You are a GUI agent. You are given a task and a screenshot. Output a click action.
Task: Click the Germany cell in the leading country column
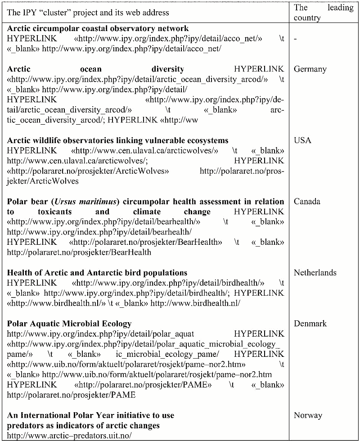pos(310,69)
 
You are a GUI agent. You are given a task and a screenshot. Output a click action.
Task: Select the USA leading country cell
pos(302,140)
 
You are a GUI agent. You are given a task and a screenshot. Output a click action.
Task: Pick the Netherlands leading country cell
pos(315,273)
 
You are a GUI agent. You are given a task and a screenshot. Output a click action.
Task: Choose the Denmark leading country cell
pos(310,324)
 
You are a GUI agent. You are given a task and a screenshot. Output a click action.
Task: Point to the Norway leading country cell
pos(308,415)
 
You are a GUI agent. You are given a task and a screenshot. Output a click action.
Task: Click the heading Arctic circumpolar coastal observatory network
pos(98,29)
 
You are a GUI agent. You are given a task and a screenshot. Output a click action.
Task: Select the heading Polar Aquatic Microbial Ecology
pos(69,324)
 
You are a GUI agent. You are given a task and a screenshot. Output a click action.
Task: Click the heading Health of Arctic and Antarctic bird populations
pos(97,273)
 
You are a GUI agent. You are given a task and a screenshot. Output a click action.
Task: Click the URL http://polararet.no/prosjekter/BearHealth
pos(79,252)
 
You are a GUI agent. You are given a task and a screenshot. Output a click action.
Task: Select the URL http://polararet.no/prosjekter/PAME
pos(71,395)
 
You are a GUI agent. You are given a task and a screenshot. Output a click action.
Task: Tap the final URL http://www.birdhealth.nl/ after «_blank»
pos(195,303)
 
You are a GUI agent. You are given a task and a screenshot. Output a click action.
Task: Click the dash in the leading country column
pos(295,39)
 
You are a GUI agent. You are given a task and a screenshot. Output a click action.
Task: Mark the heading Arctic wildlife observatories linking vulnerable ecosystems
pos(118,140)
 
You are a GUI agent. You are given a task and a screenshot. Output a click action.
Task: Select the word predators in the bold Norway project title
pos(25,426)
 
